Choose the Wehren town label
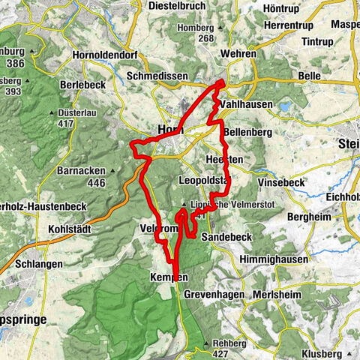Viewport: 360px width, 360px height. (238, 54)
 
